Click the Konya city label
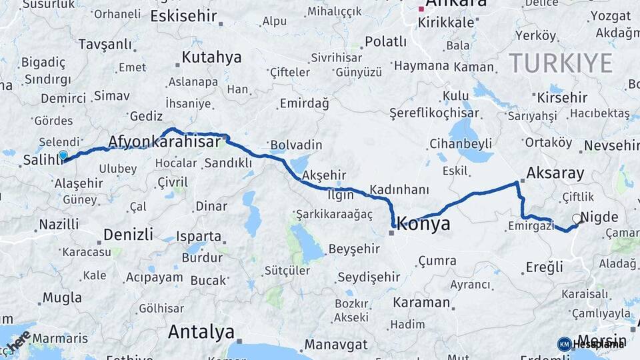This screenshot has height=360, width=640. click(x=424, y=225)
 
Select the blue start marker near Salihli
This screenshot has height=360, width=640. click(x=63, y=155)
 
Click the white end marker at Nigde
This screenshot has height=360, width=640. click(x=577, y=218)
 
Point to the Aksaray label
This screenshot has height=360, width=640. click(x=555, y=174)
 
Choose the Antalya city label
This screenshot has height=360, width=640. click(x=201, y=331)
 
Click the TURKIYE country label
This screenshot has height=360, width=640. click(x=560, y=63)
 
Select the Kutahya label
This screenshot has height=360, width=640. click(x=211, y=57)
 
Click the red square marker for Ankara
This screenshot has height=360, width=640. click(x=421, y=9)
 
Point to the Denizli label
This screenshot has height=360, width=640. click(x=128, y=235)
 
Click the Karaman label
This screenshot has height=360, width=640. click(x=421, y=302)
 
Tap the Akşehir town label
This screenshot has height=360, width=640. click(x=324, y=175)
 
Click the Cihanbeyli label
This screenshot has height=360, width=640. click(x=461, y=143)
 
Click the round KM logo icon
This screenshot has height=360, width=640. click(x=565, y=343)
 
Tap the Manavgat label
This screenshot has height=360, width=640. click(x=337, y=345)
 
